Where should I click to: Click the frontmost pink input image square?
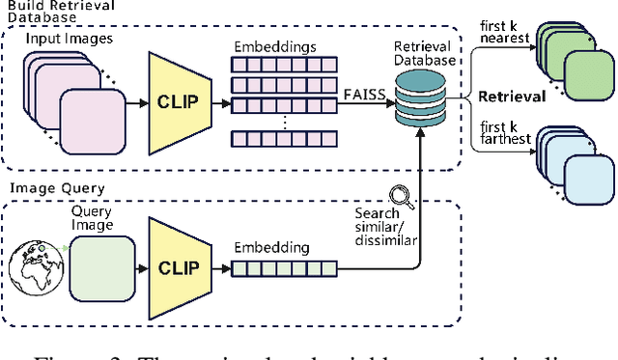[x=95, y=125]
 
